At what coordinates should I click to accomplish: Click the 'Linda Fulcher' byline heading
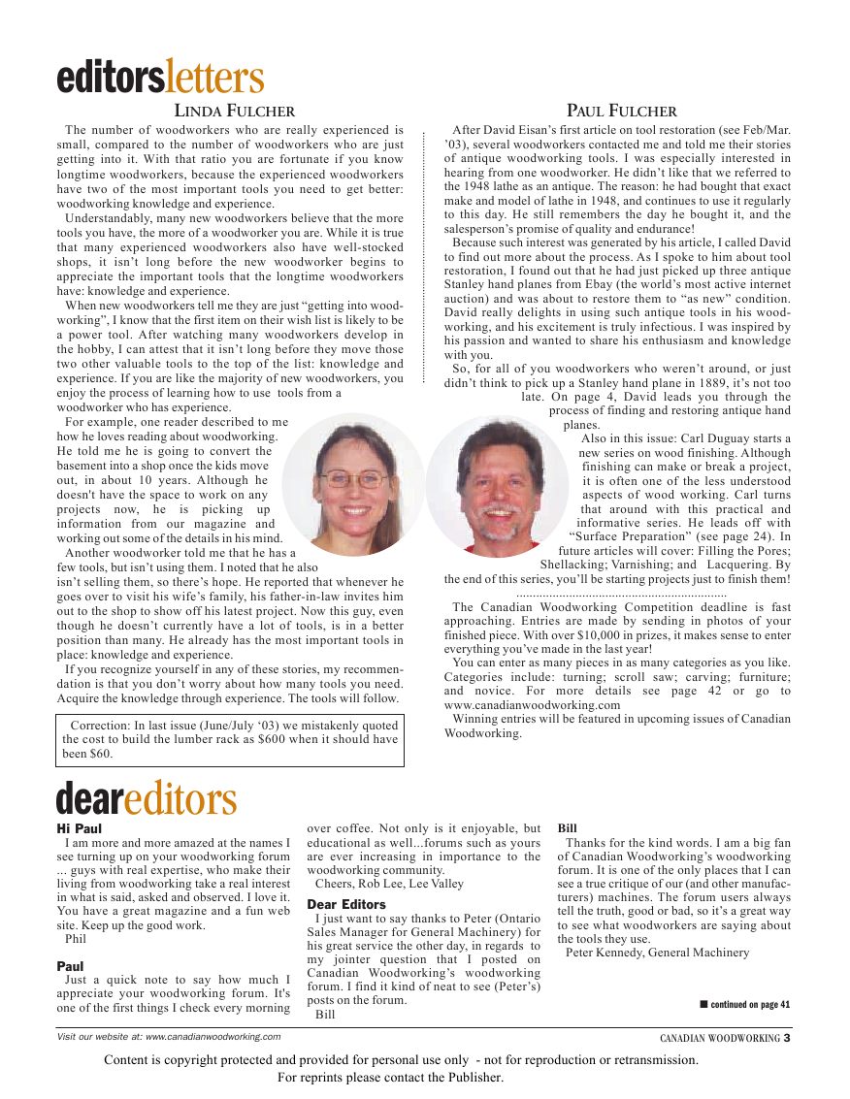(234, 111)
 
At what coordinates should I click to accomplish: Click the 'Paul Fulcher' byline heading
(622, 111)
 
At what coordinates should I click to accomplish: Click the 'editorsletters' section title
(159, 77)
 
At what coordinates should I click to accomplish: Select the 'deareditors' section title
(147, 798)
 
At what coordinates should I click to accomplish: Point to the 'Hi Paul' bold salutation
(80, 828)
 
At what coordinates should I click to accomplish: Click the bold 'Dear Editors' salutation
(346, 904)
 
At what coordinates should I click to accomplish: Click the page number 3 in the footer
(788, 1037)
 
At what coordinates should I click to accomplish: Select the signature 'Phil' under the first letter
(75, 939)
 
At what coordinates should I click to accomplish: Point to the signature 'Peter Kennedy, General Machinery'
(657, 953)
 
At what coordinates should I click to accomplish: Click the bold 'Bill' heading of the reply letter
(568, 828)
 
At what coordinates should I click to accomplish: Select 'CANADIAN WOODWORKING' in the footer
(720, 1038)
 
